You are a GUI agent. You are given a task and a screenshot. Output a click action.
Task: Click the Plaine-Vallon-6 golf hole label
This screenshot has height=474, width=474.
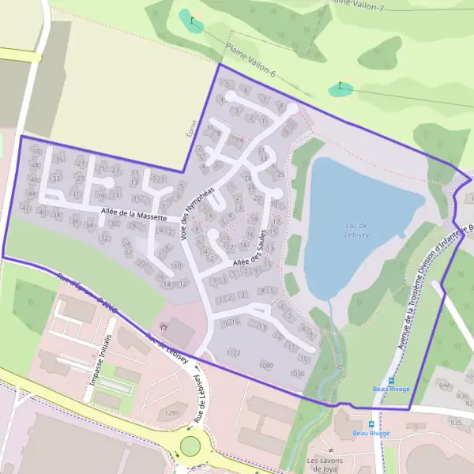pos(250,60)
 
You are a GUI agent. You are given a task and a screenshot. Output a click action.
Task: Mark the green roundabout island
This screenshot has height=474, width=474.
pos(190,446)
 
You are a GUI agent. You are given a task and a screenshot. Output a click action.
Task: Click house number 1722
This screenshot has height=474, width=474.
pos(233,352)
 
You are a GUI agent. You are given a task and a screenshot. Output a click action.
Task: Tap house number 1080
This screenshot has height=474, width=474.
pos(265,365)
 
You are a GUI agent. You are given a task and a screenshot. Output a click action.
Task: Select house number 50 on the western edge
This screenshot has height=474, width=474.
pos(36,152)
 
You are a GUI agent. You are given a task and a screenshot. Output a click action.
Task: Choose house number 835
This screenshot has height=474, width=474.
pos(456,423)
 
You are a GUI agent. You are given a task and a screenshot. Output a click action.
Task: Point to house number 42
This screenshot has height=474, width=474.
pos(25,207)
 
